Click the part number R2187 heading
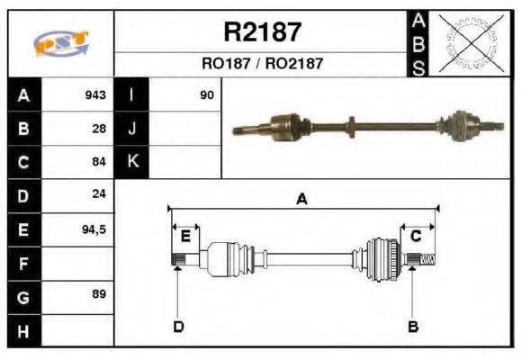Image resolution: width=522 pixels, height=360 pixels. [262, 32]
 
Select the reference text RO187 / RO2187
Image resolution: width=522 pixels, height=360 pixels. [262, 64]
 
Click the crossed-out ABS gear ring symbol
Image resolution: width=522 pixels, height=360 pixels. [468, 43]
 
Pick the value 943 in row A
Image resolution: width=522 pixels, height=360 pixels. [95, 94]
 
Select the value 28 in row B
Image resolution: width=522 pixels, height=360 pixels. [99, 129]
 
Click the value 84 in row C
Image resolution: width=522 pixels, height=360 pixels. [99, 162]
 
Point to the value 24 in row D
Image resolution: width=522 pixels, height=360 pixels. [99, 194]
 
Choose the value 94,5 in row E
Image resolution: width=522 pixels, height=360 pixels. [94, 229]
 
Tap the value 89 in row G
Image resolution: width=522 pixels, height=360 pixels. [99, 295]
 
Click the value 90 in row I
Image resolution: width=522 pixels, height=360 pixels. [207, 94]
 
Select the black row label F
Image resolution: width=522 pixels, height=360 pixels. [23, 263]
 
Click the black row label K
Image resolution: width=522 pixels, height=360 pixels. [132, 162]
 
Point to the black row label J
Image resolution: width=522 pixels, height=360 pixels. [132, 129]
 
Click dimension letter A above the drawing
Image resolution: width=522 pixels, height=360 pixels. [302, 200]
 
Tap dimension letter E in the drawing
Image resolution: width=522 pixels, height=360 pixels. [185, 237]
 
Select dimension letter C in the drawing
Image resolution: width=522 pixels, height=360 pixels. [417, 236]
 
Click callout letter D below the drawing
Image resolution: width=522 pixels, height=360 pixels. [178, 326]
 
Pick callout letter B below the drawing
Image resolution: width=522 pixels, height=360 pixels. [413, 326]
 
